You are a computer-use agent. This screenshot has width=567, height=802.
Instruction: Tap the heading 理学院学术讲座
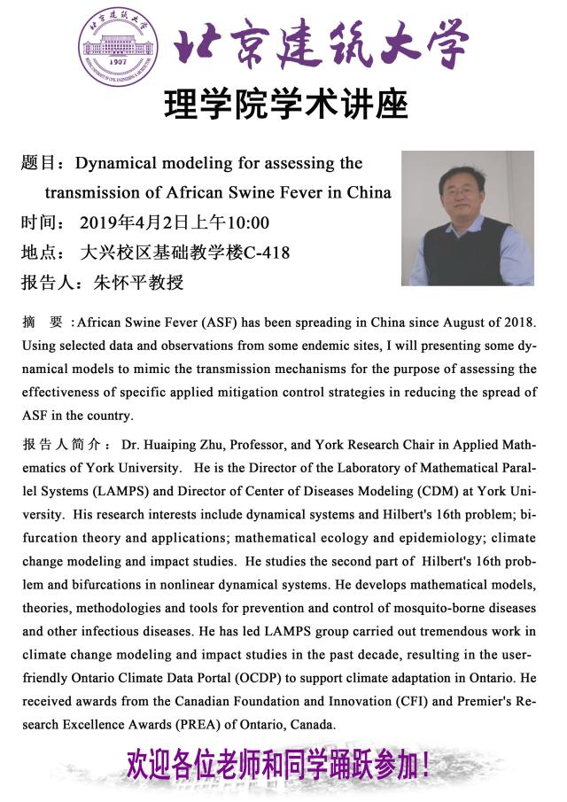(x=285, y=105)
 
